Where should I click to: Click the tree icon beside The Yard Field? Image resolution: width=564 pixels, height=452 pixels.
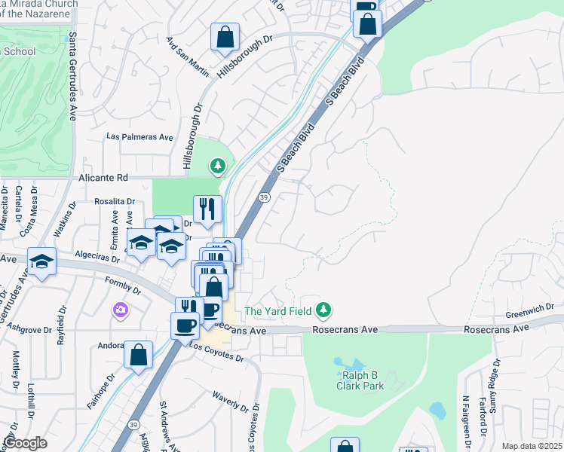point(323,310)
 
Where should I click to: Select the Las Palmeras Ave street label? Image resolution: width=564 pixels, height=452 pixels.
point(140,138)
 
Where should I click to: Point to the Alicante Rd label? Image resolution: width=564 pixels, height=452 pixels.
point(104,178)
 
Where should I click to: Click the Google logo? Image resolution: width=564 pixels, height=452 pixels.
point(25,443)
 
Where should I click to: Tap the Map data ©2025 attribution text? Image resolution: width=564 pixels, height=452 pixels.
point(532,446)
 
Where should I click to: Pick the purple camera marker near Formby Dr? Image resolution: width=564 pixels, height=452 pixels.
point(119,310)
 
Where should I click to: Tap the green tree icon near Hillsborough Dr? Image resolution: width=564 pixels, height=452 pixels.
point(218,164)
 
